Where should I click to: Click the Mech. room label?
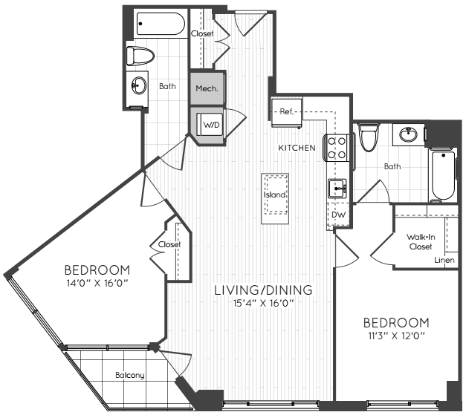[x=207, y=88]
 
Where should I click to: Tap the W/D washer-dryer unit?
[x=210, y=125]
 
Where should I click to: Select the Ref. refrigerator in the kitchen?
[x=287, y=112]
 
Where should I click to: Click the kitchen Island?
[x=275, y=199]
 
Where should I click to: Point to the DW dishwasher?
[x=338, y=215]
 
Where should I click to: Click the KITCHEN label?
[x=297, y=148]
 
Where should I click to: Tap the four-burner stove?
[x=337, y=148]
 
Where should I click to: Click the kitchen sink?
[x=337, y=189]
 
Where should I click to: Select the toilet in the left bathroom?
[x=140, y=56]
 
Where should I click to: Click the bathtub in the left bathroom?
[x=161, y=24]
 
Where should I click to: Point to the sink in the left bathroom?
[x=139, y=86]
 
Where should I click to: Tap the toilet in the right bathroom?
[x=369, y=137]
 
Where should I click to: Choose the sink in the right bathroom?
[x=408, y=135]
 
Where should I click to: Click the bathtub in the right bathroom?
[x=444, y=175]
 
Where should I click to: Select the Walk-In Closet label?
[x=421, y=241]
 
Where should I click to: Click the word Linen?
[x=444, y=260]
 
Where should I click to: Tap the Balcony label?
[x=130, y=375]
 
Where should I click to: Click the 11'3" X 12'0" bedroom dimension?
[x=396, y=336]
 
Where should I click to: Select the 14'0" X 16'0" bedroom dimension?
[x=97, y=283]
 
